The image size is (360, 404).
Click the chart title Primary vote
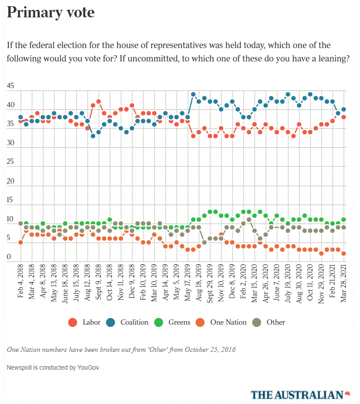[51, 12]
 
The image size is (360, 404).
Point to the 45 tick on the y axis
[11, 86]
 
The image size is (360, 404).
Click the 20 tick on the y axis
[11, 182]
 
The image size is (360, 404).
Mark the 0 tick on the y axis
[9, 257]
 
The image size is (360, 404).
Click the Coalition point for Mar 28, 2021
[344, 110]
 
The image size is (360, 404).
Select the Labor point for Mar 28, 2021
[344, 117]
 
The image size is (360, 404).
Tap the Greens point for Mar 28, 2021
[344, 220]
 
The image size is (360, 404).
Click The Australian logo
[297, 394]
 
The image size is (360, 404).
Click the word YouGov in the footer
[87, 368]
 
